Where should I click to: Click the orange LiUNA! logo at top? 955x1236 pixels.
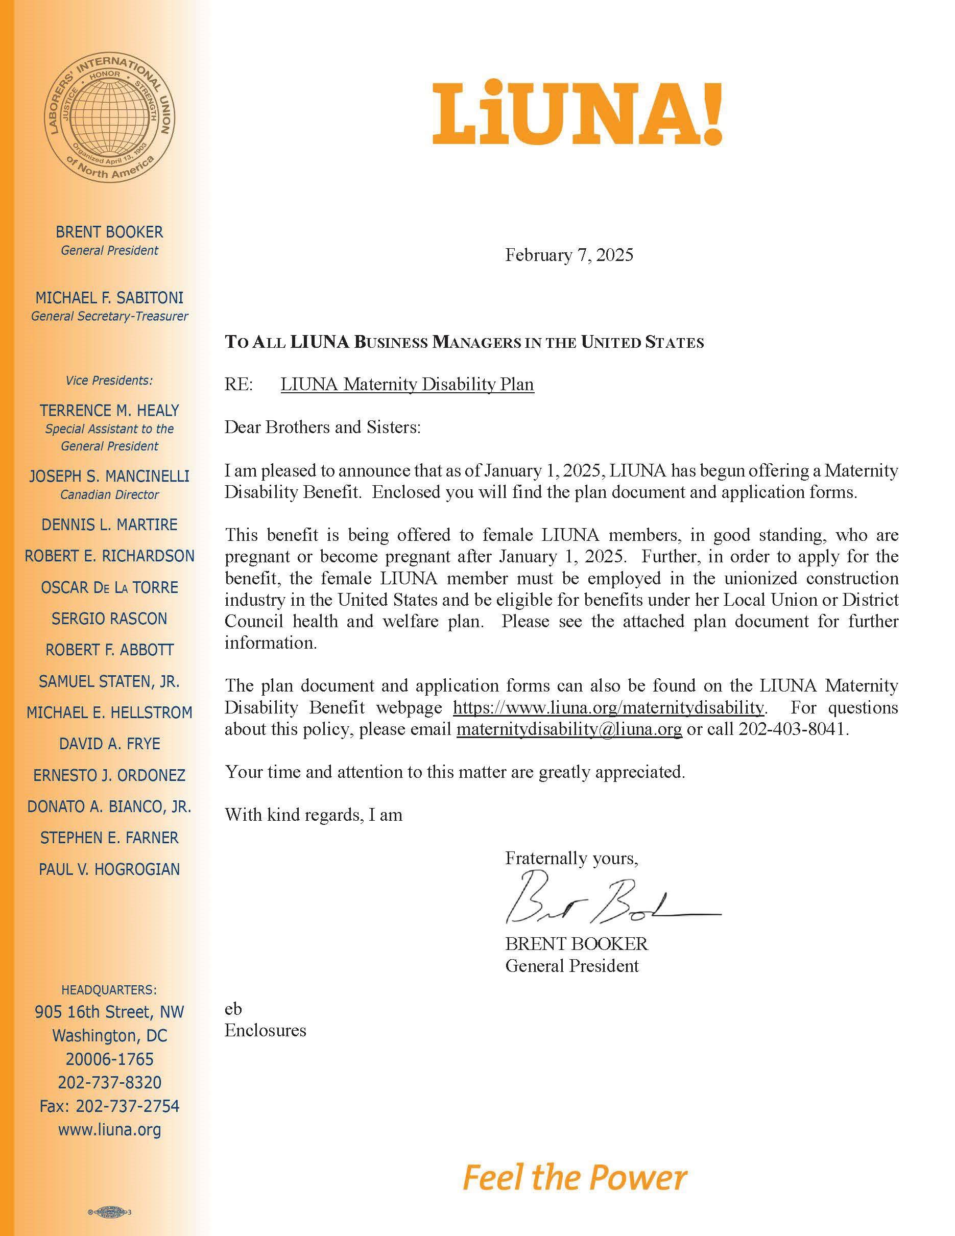(x=577, y=114)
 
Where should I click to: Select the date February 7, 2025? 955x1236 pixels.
(x=568, y=255)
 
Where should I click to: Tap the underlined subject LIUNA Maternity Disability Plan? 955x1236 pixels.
(x=407, y=384)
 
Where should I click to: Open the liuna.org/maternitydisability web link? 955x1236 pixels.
(x=609, y=707)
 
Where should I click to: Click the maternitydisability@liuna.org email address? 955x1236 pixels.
(x=568, y=729)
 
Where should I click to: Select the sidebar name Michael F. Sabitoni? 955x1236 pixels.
(x=110, y=298)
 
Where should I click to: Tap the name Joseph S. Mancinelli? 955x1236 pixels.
(x=110, y=477)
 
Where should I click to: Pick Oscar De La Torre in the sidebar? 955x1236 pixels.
(x=110, y=587)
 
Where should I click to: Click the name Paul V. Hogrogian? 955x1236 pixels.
(x=110, y=869)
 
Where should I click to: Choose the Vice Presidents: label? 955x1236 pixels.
(x=110, y=381)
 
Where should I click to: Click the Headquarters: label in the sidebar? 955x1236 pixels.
(x=110, y=990)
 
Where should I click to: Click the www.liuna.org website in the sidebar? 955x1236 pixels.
(x=110, y=1130)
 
